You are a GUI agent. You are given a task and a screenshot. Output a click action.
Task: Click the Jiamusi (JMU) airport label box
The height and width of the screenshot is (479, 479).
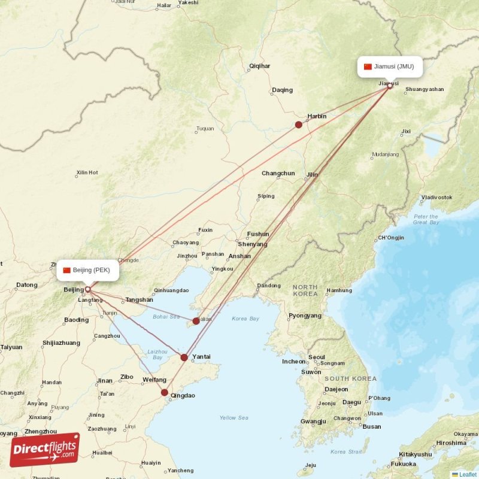[390, 66]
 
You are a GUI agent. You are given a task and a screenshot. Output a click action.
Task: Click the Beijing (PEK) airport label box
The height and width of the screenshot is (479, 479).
[88, 270]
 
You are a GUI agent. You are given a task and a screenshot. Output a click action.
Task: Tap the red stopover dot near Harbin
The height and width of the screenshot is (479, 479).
[299, 125]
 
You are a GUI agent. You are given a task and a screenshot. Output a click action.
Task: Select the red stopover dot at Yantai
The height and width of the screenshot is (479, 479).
[184, 357]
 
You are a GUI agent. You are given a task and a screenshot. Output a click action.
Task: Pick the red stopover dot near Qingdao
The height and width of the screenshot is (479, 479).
[165, 393]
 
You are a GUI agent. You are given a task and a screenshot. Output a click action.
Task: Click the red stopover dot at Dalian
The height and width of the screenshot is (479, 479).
[196, 321]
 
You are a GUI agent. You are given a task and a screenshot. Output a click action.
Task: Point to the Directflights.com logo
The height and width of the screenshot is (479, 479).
[44, 450]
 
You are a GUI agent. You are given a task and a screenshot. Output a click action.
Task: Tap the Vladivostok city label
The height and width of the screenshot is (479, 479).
[436, 197]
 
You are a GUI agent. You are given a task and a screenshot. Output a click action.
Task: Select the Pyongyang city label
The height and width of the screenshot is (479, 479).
[305, 316]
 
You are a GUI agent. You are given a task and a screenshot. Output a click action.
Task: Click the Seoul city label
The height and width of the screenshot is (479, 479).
[316, 357]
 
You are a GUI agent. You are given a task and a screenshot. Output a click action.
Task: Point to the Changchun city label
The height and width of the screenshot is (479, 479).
[278, 174]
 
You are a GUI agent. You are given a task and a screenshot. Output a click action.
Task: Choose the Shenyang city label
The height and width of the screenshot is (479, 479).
[252, 244]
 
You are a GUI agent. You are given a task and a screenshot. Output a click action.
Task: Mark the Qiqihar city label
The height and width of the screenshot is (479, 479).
[259, 66]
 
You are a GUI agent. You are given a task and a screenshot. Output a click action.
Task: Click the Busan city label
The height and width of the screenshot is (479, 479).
[371, 427]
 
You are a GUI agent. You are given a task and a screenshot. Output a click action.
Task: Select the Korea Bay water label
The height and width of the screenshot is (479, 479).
[245, 319]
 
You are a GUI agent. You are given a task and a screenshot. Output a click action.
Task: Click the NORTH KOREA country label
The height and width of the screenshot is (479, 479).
[305, 291]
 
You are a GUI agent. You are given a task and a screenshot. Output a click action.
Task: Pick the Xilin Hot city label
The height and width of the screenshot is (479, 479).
[87, 173]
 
